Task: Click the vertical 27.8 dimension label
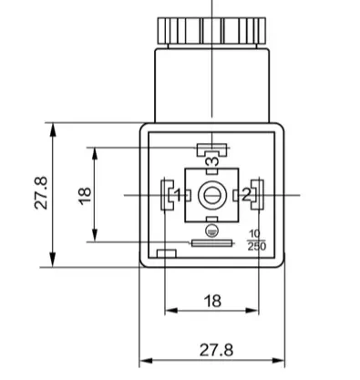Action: click(41, 192)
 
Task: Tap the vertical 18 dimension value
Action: click(85, 196)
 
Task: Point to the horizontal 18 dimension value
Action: click(212, 301)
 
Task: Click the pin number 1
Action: click(179, 195)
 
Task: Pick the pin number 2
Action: click(246, 195)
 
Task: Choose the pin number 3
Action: click(212, 161)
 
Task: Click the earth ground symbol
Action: click(211, 231)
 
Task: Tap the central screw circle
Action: click(211, 195)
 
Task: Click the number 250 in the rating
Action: click(257, 246)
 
